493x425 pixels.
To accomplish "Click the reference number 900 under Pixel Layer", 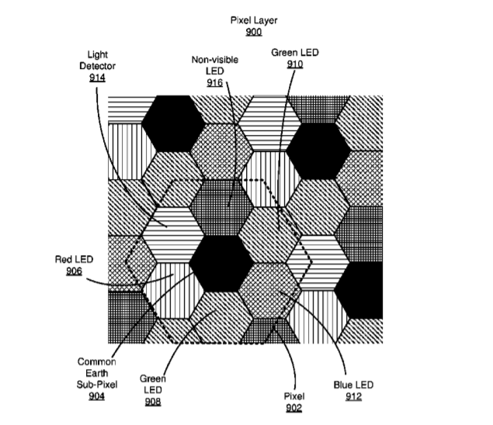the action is coord(254,32).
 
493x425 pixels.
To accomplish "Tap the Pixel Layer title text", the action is coord(254,20).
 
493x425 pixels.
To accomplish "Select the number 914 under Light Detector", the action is coord(97,78).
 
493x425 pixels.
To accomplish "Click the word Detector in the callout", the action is coord(98,66).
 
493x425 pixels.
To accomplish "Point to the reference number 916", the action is coord(215,83).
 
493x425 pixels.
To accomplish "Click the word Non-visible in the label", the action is coord(215,60).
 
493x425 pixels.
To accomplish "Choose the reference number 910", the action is coord(295,64).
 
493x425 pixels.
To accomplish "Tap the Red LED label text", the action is coord(75,260).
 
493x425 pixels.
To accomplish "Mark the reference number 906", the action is coord(75,271).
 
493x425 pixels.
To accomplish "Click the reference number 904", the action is coord(96,396).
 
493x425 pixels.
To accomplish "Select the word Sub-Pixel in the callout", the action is coord(97,385).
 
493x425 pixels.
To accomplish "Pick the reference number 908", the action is coord(153,402).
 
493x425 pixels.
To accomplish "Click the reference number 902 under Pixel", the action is coord(294,408).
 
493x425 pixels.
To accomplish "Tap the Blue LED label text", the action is coord(353,385).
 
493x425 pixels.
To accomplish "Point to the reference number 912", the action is coord(353,396).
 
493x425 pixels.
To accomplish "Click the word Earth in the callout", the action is coord(97,373).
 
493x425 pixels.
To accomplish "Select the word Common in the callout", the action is coord(97,362).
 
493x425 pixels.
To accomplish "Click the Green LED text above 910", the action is coord(295,53).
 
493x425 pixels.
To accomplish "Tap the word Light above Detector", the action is coord(98,54).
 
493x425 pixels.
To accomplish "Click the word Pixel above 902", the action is coord(294,396).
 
